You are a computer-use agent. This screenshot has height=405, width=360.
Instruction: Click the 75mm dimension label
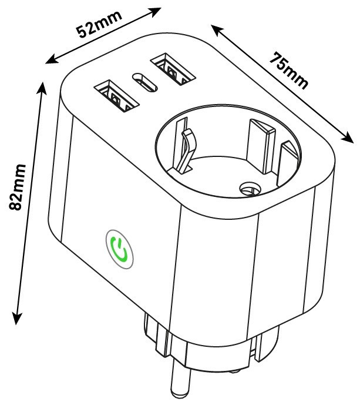(289, 71)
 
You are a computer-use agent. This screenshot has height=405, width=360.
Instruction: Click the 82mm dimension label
(17, 187)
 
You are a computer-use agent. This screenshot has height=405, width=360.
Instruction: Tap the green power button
(119, 249)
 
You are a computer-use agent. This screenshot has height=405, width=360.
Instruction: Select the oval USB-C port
(145, 82)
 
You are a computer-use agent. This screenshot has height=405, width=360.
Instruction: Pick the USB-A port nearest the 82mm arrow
(117, 96)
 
